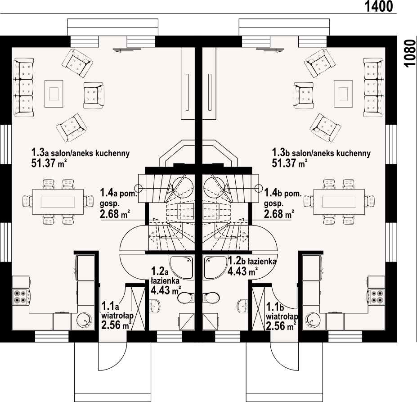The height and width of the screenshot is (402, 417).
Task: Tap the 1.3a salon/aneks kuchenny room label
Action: (80, 153)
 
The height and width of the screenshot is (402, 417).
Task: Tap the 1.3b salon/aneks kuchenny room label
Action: (321, 153)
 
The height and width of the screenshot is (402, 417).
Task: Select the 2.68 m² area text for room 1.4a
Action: (115, 214)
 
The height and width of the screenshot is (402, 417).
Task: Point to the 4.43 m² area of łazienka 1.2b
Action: (242, 271)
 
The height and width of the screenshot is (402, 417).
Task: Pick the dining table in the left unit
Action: (58, 201)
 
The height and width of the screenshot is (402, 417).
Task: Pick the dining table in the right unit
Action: (339, 201)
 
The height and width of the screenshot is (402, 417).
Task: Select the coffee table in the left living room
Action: (54, 93)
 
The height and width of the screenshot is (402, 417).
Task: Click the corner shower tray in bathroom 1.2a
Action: (181, 267)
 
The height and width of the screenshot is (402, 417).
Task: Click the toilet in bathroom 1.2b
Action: (211, 298)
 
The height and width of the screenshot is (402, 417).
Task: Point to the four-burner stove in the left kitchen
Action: (20, 294)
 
